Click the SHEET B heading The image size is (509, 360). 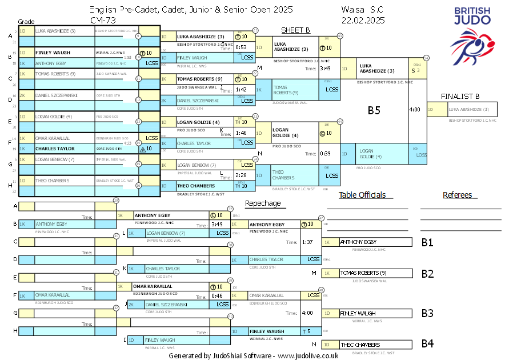pos(295,30)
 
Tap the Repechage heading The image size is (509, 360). pos(263,203)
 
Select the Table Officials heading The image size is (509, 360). pos(362,195)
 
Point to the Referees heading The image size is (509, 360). pos(458,195)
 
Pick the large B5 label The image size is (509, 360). pos(374,110)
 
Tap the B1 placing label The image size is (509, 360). pos(427,242)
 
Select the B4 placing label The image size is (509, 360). pos(427,344)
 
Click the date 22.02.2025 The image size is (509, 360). pos(363,20)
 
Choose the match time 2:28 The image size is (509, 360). pos(241,175)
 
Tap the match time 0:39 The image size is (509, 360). pos(325,153)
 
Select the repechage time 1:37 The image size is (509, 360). pos(307,242)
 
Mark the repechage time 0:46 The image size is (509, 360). pos(217,295)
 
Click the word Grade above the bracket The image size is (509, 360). pos(26,22)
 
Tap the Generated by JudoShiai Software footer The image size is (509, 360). pos(254,355)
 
